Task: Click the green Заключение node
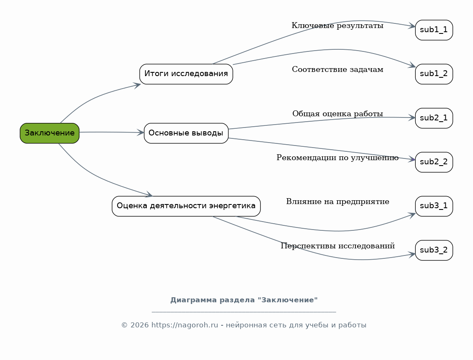[x=49, y=133]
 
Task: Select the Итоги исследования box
[x=186, y=74]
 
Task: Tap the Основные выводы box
[x=186, y=133]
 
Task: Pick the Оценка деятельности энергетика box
[x=186, y=206]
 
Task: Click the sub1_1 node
[x=434, y=30]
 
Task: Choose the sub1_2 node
[x=434, y=74]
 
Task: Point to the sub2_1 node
[x=434, y=118]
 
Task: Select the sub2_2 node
[x=434, y=162]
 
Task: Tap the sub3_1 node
[x=434, y=206]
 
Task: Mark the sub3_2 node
[x=434, y=250]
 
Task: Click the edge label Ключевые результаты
[x=337, y=26]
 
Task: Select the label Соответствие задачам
[x=337, y=69]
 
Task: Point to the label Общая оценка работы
[x=337, y=114]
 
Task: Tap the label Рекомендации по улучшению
[x=337, y=158]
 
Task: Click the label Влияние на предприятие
[x=337, y=202]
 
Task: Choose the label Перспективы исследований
[x=337, y=246]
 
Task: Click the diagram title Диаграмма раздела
[x=244, y=300]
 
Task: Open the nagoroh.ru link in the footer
[x=184, y=325]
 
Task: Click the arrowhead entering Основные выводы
[x=141, y=133]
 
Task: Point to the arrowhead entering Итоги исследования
[x=137, y=85]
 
